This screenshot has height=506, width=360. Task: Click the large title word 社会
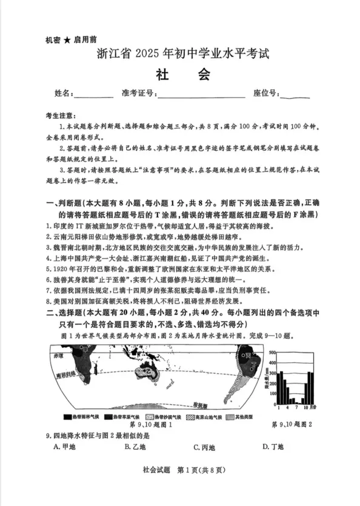point(179,75)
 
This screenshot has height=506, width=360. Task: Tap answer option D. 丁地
point(273,447)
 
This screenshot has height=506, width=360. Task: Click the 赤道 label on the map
point(58,356)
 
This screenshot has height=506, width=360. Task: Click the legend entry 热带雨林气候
point(82,418)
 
